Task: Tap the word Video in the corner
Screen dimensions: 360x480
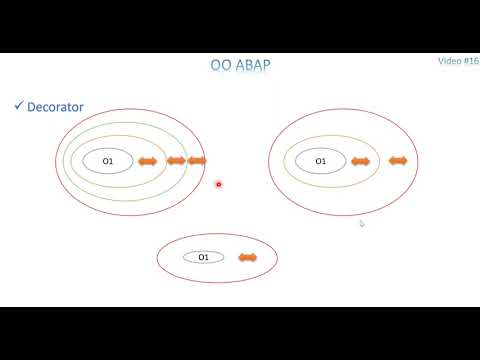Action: click(450, 61)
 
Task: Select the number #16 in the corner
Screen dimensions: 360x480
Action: click(472, 61)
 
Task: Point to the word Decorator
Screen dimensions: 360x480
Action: click(56, 105)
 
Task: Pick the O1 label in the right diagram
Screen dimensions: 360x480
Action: click(320, 161)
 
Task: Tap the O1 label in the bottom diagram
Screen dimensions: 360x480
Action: click(203, 257)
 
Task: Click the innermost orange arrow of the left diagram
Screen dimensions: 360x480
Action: click(147, 161)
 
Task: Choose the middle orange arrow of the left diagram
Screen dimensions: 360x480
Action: click(176, 161)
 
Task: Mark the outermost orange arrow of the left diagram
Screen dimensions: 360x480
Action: click(197, 161)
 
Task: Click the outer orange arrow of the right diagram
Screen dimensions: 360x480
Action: click(398, 161)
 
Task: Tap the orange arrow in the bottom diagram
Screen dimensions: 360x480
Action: click(246, 258)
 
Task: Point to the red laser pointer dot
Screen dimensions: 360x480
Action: click(219, 184)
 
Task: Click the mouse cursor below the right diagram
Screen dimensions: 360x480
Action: click(361, 223)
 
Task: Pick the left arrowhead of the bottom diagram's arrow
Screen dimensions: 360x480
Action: click(239, 258)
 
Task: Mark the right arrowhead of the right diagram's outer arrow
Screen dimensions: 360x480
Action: click(405, 161)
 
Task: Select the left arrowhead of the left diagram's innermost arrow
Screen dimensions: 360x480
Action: click(140, 161)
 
